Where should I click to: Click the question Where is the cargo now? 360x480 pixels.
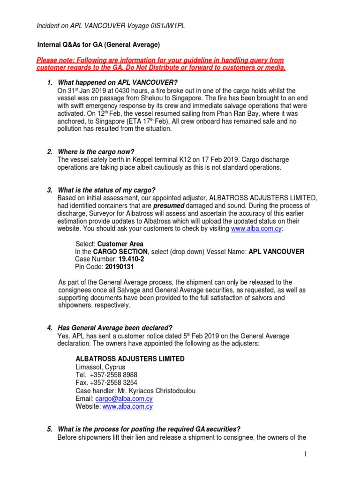96,152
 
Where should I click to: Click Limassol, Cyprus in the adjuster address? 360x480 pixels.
100,367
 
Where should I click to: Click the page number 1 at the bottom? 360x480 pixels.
304,454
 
